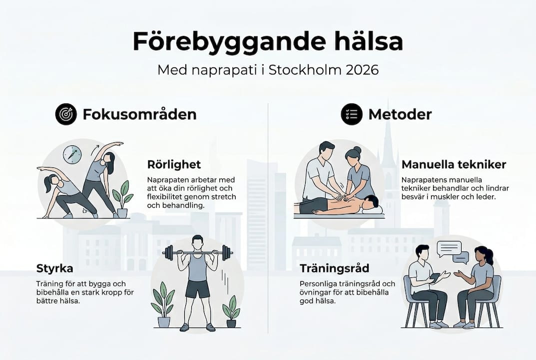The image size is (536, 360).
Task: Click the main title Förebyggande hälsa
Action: click(268, 42)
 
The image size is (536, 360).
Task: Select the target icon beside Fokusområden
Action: click(65, 114)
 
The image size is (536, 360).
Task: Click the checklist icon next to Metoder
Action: click(351, 114)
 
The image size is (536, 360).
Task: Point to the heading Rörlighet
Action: click(174, 164)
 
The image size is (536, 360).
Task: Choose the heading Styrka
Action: click(55, 268)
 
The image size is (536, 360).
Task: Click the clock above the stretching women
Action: click(72, 154)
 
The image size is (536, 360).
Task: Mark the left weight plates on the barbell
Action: click(168, 253)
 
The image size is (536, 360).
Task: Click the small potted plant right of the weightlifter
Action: click(231, 310)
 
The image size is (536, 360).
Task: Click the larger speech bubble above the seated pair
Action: click(449, 248)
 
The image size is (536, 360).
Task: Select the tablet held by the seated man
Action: click(435, 276)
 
